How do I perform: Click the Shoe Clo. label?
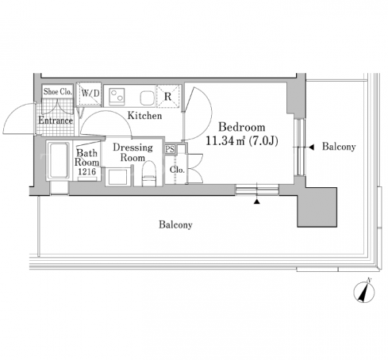pos(58,91)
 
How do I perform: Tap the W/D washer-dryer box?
pos(89,94)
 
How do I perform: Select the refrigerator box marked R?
pos(168,97)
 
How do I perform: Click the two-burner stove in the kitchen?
pos(117,97)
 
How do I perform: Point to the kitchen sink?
pos(147,98)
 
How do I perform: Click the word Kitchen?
pos(144,116)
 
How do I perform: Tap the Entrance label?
pos(56,121)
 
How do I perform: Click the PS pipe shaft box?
pos(170,149)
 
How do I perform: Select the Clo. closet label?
pos(177,170)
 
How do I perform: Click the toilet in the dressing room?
pos(149,174)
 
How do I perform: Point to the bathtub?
pos(59,161)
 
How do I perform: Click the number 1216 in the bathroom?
pos(87,171)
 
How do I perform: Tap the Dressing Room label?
pos(133,152)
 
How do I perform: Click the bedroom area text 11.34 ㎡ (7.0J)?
pos(242,140)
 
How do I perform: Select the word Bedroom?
pos(242,127)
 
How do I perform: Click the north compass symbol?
pos(364,291)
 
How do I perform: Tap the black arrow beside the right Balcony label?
pos(311,147)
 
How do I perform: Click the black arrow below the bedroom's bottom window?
pos(256,201)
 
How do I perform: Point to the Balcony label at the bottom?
pos(175,224)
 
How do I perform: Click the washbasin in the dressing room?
pos(118,177)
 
